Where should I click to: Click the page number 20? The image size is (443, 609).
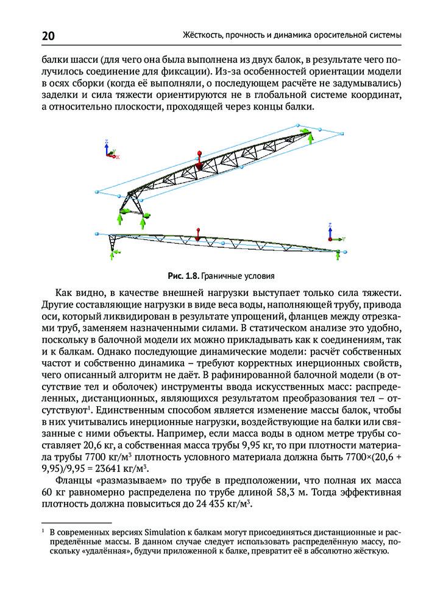pyautogui.click(x=49, y=36)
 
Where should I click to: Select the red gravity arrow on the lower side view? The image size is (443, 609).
pyautogui.click(x=197, y=233)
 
